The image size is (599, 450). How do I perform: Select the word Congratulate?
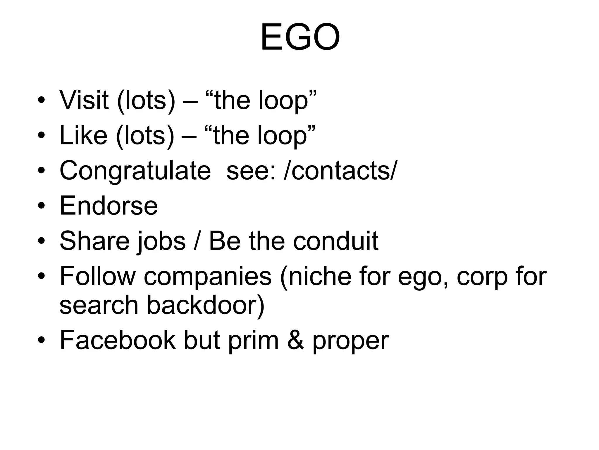tap(135, 171)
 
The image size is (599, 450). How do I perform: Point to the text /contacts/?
tap(340, 171)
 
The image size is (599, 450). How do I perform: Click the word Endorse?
tap(109, 206)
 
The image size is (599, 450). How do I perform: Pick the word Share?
tap(94, 241)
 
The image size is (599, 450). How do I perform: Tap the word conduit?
tap(336, 241)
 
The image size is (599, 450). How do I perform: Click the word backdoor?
tap(206, 305)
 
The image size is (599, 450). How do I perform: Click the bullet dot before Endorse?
tap(41, 206)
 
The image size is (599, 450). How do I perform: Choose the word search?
tap(99, 305)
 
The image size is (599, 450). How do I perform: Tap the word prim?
tap(253, 340)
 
